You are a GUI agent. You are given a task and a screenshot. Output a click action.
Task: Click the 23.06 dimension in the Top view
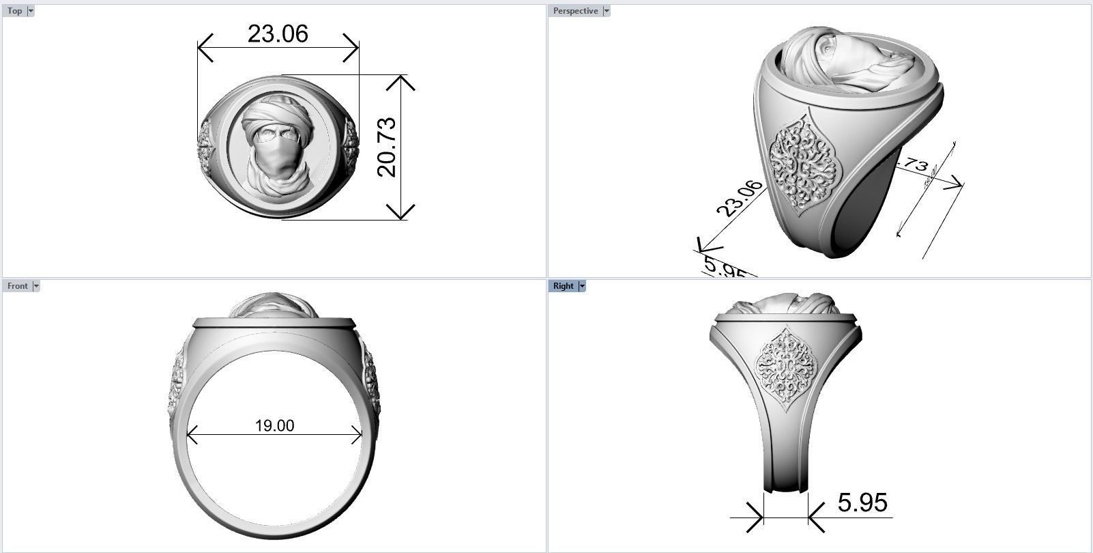(x=278, y=33)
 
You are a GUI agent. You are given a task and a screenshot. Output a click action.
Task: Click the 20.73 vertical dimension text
(x=387, y=147)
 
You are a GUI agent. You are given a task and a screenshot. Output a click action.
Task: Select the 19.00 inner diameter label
(x=274, y=426)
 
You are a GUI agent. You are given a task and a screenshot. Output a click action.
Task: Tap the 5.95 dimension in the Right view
(x=862, y=503)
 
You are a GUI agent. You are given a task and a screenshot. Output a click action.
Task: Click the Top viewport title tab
(x=14, y=11)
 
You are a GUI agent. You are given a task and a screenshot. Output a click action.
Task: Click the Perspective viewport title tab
(x=575, y=11)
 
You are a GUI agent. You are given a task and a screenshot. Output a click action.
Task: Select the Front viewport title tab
(x=17, y=286)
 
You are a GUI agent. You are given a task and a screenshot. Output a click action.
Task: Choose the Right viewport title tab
(x=563, y=286)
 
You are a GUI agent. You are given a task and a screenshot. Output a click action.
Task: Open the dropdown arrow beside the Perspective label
(x=607, y=11)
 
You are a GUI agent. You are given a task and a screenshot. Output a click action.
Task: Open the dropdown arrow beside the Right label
(x=582, y=286)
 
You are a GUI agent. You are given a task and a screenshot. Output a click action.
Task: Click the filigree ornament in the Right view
(x=786, y=369)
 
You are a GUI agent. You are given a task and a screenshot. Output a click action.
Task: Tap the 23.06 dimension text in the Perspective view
(x=740, y=199)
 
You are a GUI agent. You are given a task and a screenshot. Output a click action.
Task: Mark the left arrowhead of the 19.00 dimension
(x=190, y=434)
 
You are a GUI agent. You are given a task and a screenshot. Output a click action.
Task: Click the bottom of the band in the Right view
(x=785, y=486)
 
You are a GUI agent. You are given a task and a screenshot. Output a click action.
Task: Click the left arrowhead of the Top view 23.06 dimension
(x=203, y=48)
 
